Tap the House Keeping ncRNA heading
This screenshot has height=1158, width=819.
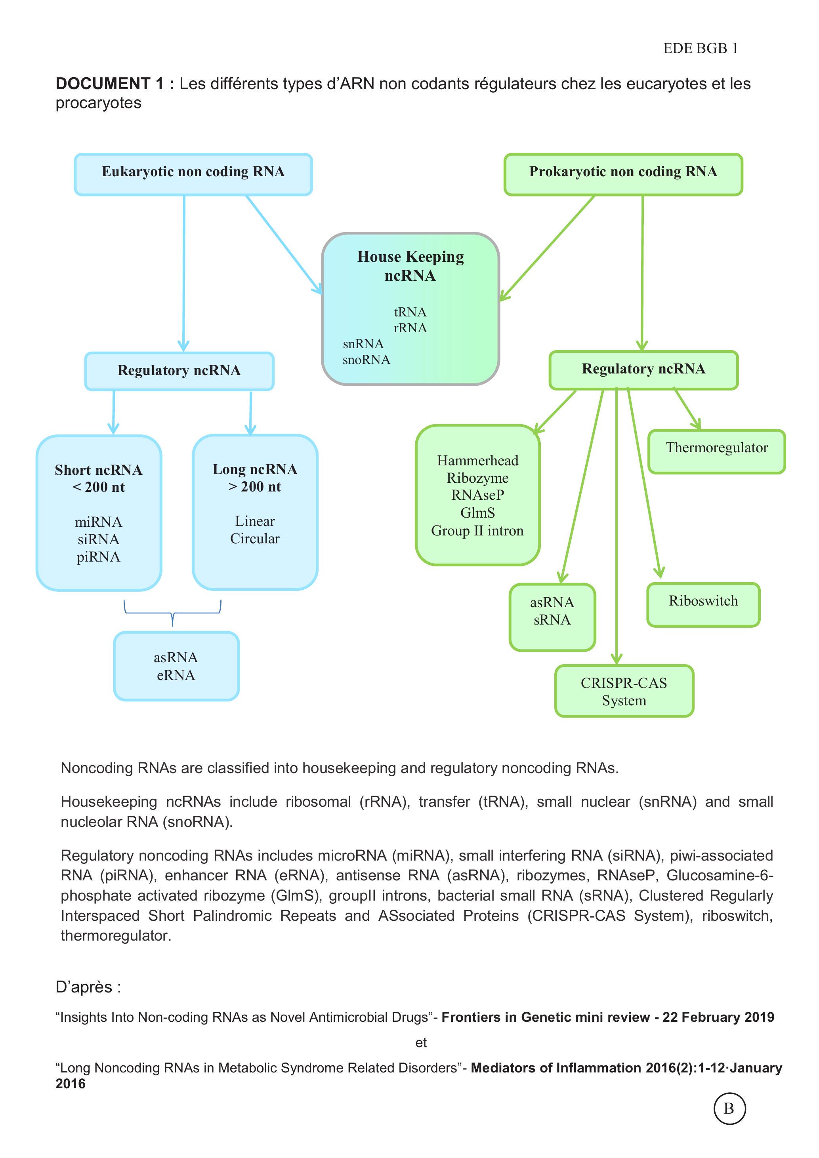[410, 266]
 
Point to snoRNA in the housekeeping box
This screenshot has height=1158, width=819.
[367, 360]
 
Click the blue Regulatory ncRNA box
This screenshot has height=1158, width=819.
[179, 371]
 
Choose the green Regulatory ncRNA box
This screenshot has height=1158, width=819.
[643, 369]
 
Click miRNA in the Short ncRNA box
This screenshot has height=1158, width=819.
[98, 522]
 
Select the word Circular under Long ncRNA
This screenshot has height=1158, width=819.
[255, 539]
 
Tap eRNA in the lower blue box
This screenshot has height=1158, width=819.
[176, 675]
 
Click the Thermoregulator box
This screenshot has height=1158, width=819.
[716, 451]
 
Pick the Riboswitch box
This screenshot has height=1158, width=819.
[703, 605]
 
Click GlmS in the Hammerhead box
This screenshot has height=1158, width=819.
[477, 513]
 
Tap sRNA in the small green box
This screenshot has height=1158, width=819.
[552, 619]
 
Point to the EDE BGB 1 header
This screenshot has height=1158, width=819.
[701, 48]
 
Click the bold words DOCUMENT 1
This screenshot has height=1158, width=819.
[110, 84]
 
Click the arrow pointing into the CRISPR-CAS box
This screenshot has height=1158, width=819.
[617, 526]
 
